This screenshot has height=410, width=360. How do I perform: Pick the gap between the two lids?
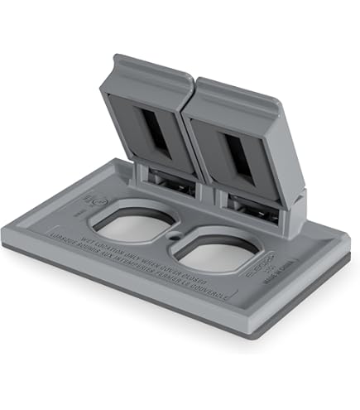[x=189, y=124]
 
